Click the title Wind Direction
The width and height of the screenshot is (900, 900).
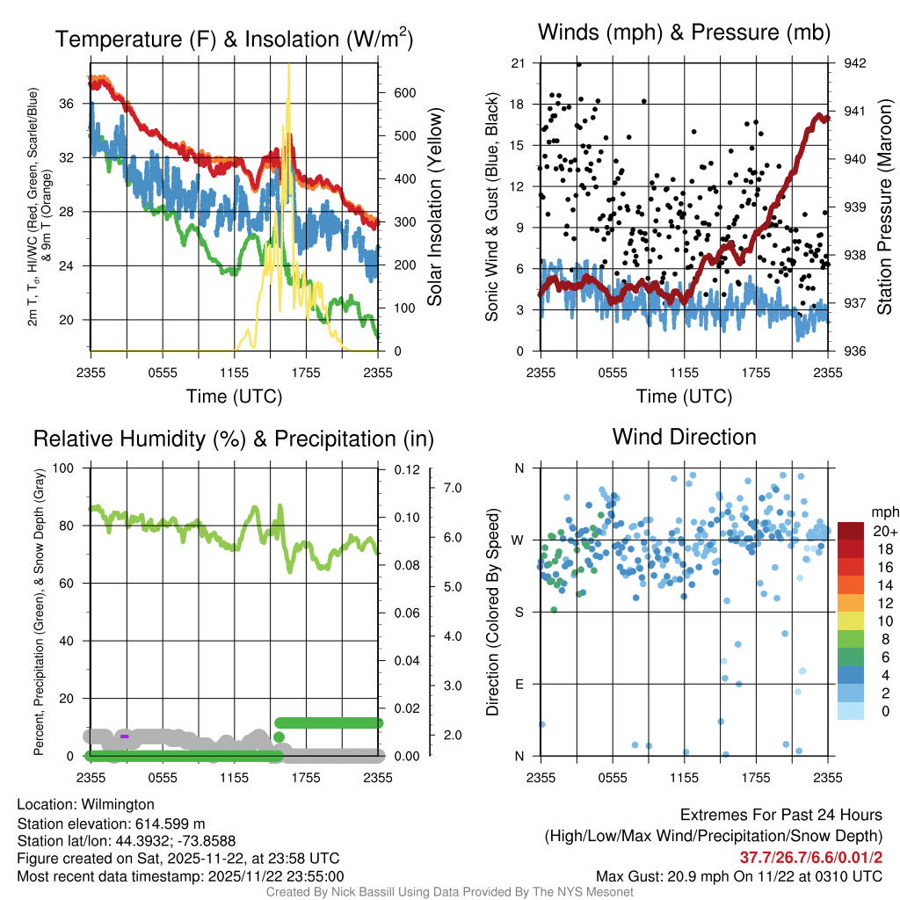[684, 437]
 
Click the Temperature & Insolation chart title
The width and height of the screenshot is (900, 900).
[235, 40]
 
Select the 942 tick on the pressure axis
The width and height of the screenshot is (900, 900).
[855, 63]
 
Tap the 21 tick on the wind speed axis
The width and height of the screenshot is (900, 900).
[518, 63]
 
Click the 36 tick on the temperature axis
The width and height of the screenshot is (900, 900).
[65, 104]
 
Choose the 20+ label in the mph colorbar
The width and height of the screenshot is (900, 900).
[884, 531]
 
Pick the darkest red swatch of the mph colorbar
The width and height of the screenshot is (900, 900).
[852, 531]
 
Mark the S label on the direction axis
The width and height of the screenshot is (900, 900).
[519, 612]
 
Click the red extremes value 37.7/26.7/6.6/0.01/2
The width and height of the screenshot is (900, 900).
[809, 857]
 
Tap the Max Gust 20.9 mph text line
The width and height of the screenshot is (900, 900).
[738, 875]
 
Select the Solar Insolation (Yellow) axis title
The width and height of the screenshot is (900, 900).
[435, 207]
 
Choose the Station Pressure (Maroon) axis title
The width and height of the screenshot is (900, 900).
[884, 207]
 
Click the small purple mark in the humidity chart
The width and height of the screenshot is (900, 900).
[125, 736]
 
